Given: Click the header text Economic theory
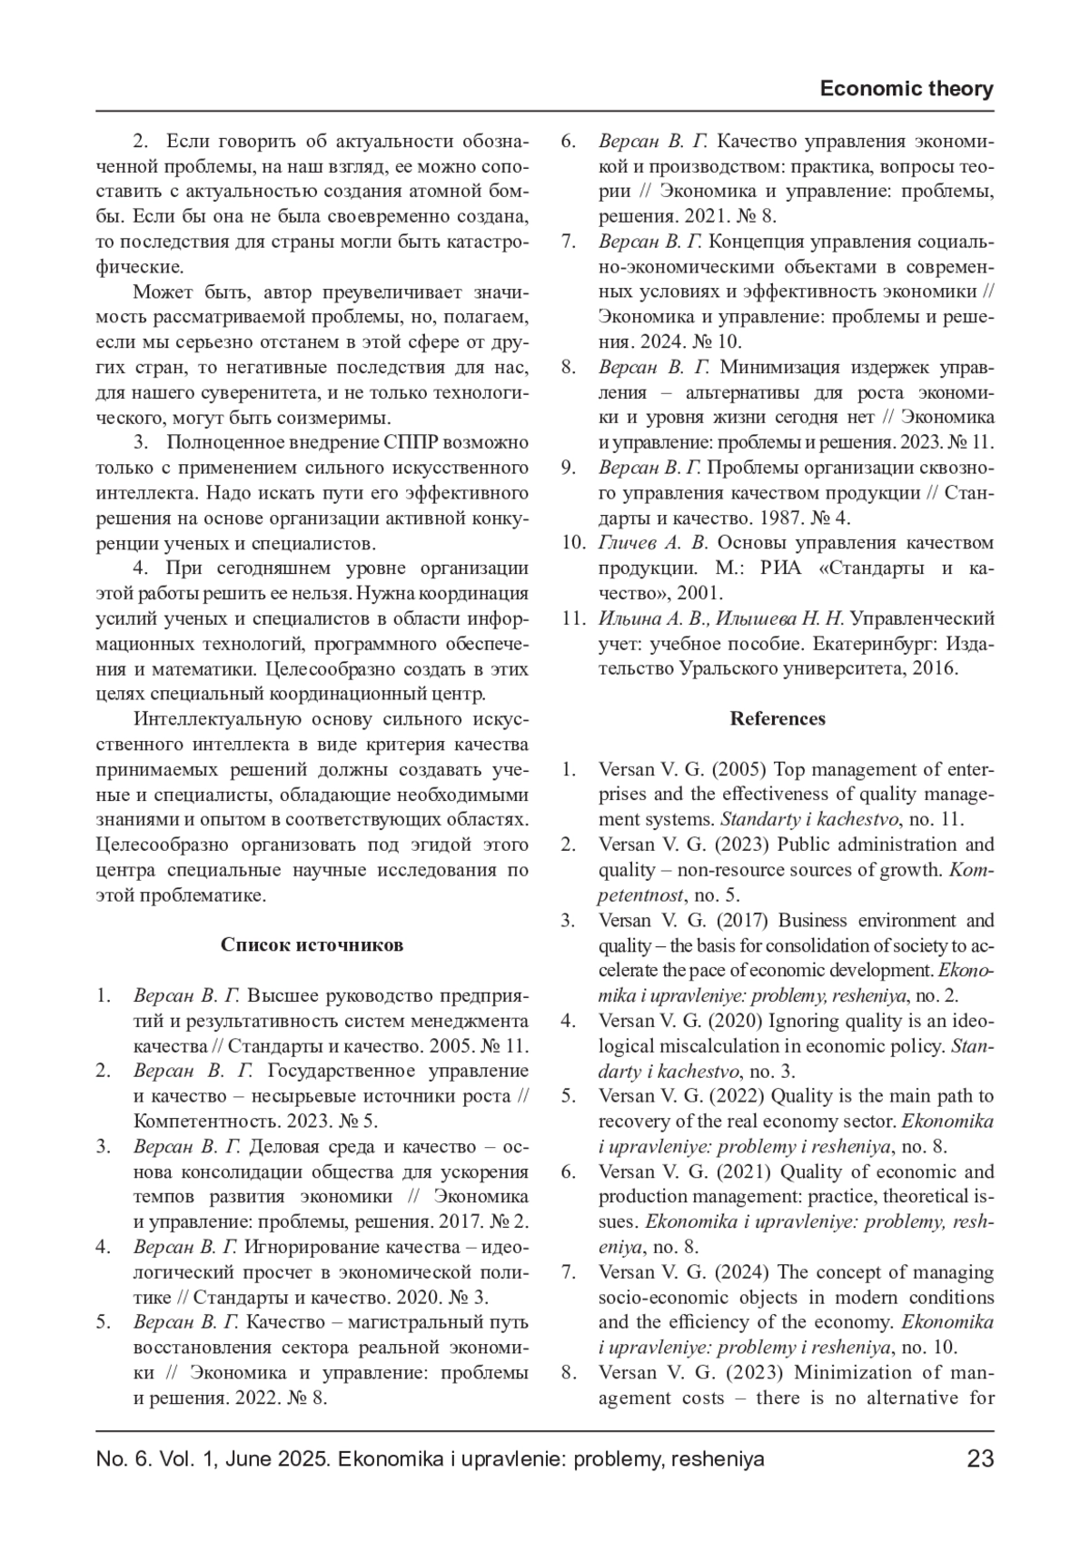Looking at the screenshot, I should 906,89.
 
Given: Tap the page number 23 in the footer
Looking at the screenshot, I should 980,1459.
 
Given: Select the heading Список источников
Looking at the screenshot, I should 312,944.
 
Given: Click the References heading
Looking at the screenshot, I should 778,718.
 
